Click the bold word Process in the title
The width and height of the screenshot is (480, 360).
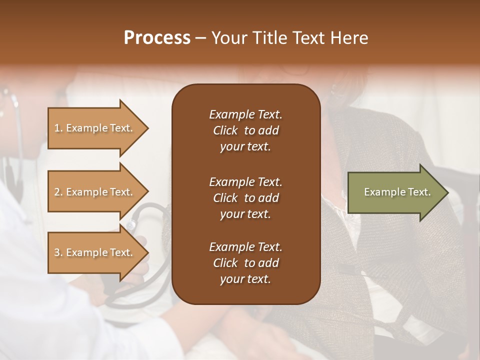(157, 38)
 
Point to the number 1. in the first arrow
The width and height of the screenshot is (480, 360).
(58, 128)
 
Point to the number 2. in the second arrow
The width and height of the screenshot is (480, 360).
(58, 192)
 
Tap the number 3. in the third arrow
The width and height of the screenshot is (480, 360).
(58, 252)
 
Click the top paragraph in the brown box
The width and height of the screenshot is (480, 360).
(245, 130)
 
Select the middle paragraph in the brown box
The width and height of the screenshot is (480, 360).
(245, 198)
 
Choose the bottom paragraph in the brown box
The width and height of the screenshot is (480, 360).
(245, 263)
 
